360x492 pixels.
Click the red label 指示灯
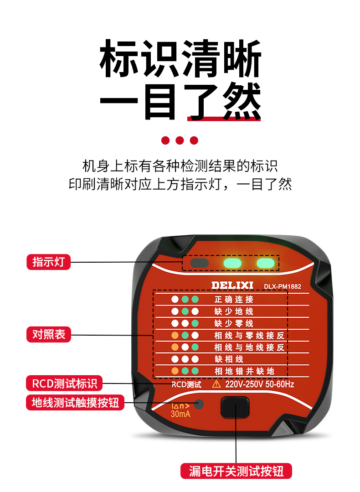click(x=49, y=262)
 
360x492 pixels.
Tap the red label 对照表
click(x=49, y=334)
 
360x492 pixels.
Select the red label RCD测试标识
click(x=64, y=383)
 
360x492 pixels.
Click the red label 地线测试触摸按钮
click(x=75, y=402)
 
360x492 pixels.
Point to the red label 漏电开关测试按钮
click(x=236, y=471)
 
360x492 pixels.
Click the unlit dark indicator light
click(x=200, y=263)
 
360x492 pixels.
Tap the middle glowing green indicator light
click(x=232, y=263)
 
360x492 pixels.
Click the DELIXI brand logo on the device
click(x=232, y=285)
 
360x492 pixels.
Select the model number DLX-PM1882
click(x=282, y=286)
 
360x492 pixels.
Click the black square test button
click(x=235, y=407)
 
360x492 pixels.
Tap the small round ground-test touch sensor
click(x=199, y=404)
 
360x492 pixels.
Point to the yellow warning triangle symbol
click(x=216, y=384)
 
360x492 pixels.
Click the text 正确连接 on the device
click(x=234, y=299)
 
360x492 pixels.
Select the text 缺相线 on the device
click(x=229, y=359)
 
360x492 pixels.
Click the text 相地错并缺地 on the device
click(x=245, y=371)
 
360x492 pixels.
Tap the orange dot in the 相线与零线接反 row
click(x=175, y=336)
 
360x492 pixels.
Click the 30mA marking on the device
click(x=180, y=414)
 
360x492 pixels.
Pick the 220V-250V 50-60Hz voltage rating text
click(x=260, y=384)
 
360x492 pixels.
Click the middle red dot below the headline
click(x=180, y=140)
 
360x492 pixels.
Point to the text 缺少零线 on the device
click(x=234, y=323)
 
